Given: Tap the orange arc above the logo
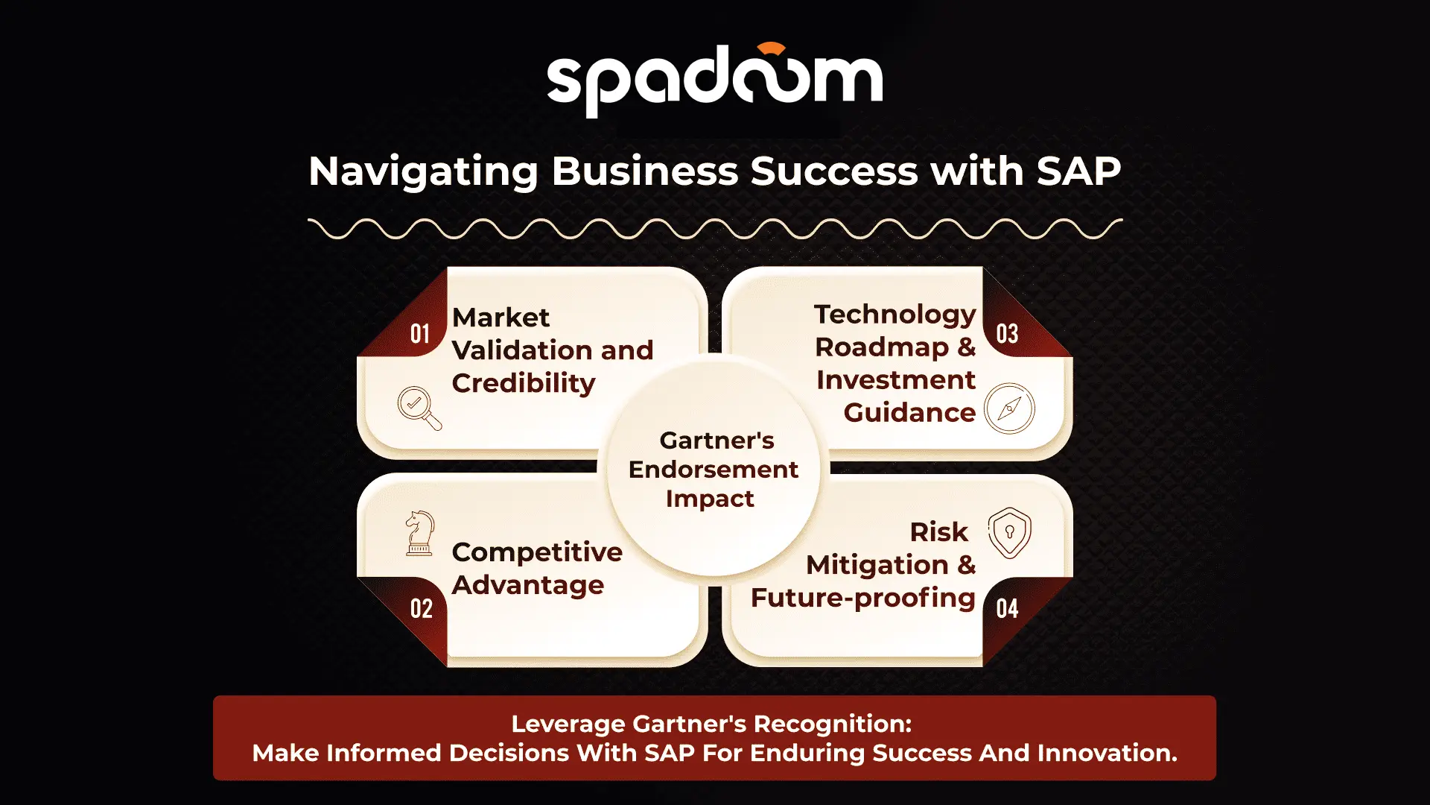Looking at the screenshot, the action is [772, 48].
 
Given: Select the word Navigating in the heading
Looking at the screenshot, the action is [423, 172].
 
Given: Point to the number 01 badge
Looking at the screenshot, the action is [420, 333].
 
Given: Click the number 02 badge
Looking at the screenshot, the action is [421, 608].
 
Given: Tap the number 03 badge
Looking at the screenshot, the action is [1007, 333].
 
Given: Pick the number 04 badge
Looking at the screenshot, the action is [1007, 608].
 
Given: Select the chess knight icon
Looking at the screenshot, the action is [419, 533].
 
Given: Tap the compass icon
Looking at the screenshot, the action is [1009, 408].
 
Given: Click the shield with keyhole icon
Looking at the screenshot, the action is [1010, 533].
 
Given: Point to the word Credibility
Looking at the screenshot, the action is [524, 383].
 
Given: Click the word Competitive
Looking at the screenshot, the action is [537, 552].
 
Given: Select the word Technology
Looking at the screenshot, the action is [894, 315].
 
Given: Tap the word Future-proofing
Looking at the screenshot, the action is [863, 598].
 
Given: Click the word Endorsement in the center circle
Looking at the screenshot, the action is [714, 470].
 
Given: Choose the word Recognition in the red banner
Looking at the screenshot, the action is [833, 724].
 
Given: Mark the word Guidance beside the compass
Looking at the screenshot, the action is [909, 412].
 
